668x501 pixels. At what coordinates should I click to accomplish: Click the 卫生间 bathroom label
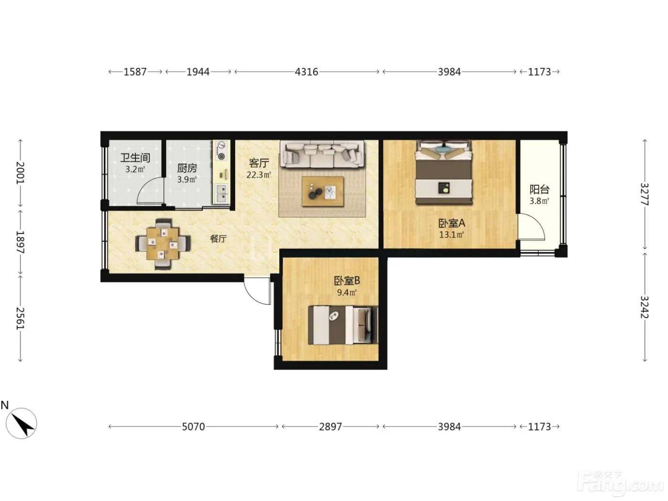click(x=135, y=157)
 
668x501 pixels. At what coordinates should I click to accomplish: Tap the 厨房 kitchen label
click(x=187, y=168)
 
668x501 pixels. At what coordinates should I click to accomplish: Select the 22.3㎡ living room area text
click(x=259, y=175)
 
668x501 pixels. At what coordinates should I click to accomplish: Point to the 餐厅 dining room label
click(x=218, y=239)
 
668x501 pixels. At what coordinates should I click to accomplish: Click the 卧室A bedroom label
click(x=452, y=223)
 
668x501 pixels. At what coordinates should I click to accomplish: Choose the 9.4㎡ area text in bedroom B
click(x=346, y=292)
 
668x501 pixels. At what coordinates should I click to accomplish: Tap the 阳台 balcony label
click(x=539, y=189)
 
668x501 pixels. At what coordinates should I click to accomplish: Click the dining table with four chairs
click(x=163, y=244)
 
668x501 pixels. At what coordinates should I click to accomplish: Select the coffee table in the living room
click(x=323, y=192)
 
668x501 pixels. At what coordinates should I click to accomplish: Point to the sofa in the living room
click(x=322, y=154)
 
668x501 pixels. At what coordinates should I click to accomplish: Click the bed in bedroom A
click(x=444, y=172)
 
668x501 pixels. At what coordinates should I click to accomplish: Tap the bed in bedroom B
click(x=343, y=325)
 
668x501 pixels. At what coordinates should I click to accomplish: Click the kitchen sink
click(x=221, y=193)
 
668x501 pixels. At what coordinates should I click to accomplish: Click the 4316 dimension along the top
click(x=306, y=72)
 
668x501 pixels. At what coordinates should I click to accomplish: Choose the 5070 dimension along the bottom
click(x=193, y=427)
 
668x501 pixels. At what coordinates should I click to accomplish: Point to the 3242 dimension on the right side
click(x=645, y=307)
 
